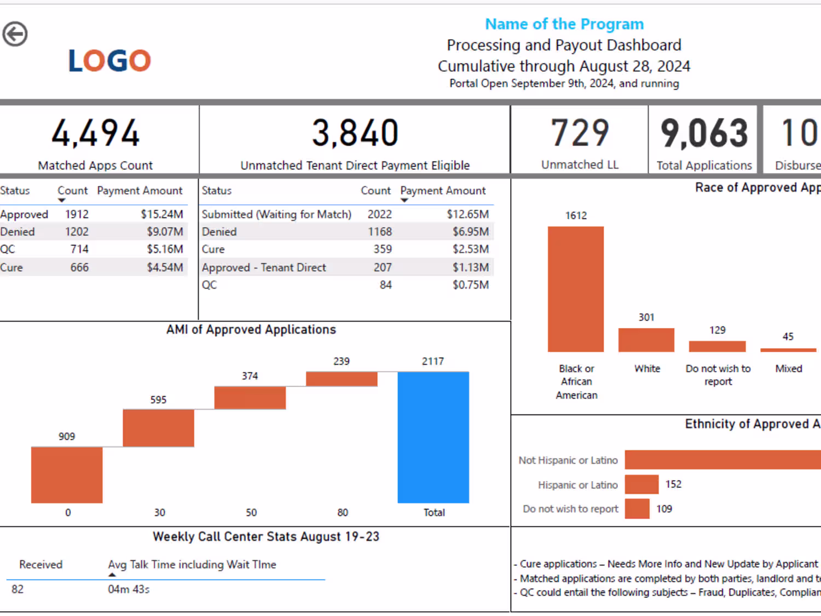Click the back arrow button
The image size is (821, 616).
point(15,34)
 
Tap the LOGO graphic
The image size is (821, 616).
point(109,60)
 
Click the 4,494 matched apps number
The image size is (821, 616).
point(96,133)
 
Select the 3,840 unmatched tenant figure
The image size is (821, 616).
point(355,133)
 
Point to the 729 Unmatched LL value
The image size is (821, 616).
point(580,133)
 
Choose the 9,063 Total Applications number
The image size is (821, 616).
point(704,133)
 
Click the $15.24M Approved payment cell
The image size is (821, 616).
point(162,214)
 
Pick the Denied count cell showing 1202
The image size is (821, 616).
point(77,232)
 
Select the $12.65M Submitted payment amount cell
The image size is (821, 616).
point(467,214)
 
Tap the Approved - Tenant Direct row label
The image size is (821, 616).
point(264,267)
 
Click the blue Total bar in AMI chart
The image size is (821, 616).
point(433,437)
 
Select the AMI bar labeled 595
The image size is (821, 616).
point(158,428)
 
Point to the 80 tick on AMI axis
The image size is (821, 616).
point(343,513)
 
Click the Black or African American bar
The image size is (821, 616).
point(576,289)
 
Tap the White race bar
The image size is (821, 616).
point(646,340)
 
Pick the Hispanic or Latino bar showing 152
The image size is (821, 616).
point(641,485)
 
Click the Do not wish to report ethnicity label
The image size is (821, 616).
point(570,509)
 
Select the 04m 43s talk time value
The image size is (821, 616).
point(129,589)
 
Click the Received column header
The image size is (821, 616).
point(41,565)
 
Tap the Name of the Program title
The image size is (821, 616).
point(564,24)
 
